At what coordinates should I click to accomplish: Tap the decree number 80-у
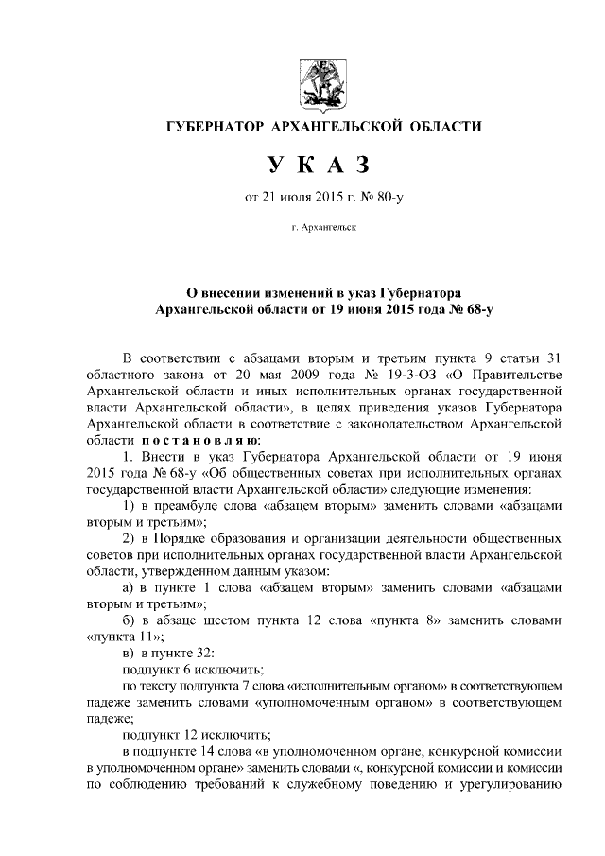pos(389,198)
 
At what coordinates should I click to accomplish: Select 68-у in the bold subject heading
pos(462,308)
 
